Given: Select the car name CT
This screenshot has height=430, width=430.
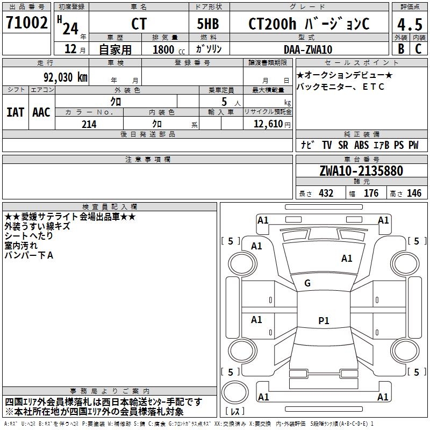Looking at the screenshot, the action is [x=139, y=24].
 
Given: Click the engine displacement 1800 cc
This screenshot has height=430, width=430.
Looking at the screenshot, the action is [x=166, y=49].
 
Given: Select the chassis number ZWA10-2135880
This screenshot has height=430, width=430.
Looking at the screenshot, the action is [x=361, y=171].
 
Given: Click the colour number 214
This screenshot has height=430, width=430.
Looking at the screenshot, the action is [x=89, y=124].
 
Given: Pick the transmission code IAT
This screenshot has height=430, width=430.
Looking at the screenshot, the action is [x=15, y=112].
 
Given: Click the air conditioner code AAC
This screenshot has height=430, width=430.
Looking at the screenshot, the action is [x=41, y=112].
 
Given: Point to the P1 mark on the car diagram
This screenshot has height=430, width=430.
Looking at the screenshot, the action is [x=324, y=321].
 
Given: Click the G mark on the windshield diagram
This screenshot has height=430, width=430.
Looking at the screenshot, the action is [x=307, y=283].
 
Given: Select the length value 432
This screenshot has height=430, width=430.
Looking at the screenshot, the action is [x=326, y=193].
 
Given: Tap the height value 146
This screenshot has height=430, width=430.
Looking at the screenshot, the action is [x=414, y=193].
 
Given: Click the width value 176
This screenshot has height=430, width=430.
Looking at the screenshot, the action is [x=371, y=193].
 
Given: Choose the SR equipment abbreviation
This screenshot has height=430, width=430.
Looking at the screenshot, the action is [x=343, y=145].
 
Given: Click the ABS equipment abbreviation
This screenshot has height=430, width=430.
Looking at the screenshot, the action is [x=362, y=145].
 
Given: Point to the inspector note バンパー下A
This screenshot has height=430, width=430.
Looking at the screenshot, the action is [x=29, y=255].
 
